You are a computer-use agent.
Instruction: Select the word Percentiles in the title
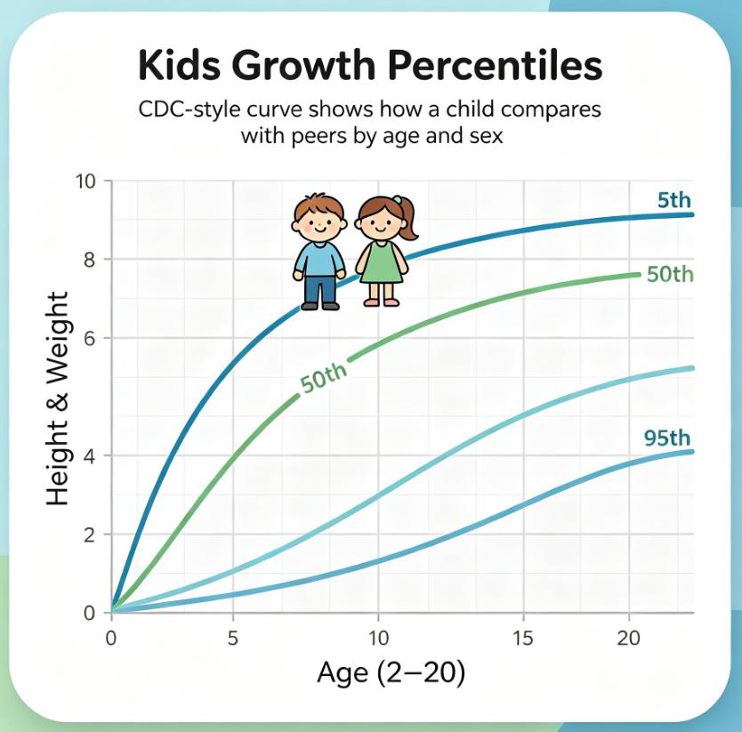click(495, 65)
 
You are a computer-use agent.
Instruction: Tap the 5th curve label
click(674, 201)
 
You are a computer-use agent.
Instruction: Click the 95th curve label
click(667, 438)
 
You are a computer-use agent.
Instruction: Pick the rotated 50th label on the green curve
click(324, 378)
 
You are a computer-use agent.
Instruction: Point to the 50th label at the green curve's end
click(670, 275)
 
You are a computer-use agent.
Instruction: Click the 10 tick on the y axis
click(85, 181)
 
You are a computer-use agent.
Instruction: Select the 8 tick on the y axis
click(90, 260)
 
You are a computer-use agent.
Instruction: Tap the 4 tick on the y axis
click(90, 455)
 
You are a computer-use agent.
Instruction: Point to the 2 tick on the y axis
click(90, 535)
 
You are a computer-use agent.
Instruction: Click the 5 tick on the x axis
click(232, 639)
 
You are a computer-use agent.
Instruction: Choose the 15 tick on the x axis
click(523, 639)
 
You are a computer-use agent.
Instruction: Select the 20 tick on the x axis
click(628, 639)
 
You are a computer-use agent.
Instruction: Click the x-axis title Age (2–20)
click(391, 673)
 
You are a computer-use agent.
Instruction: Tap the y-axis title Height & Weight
click(58, 398)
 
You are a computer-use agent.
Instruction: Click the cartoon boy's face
click(319, 221)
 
